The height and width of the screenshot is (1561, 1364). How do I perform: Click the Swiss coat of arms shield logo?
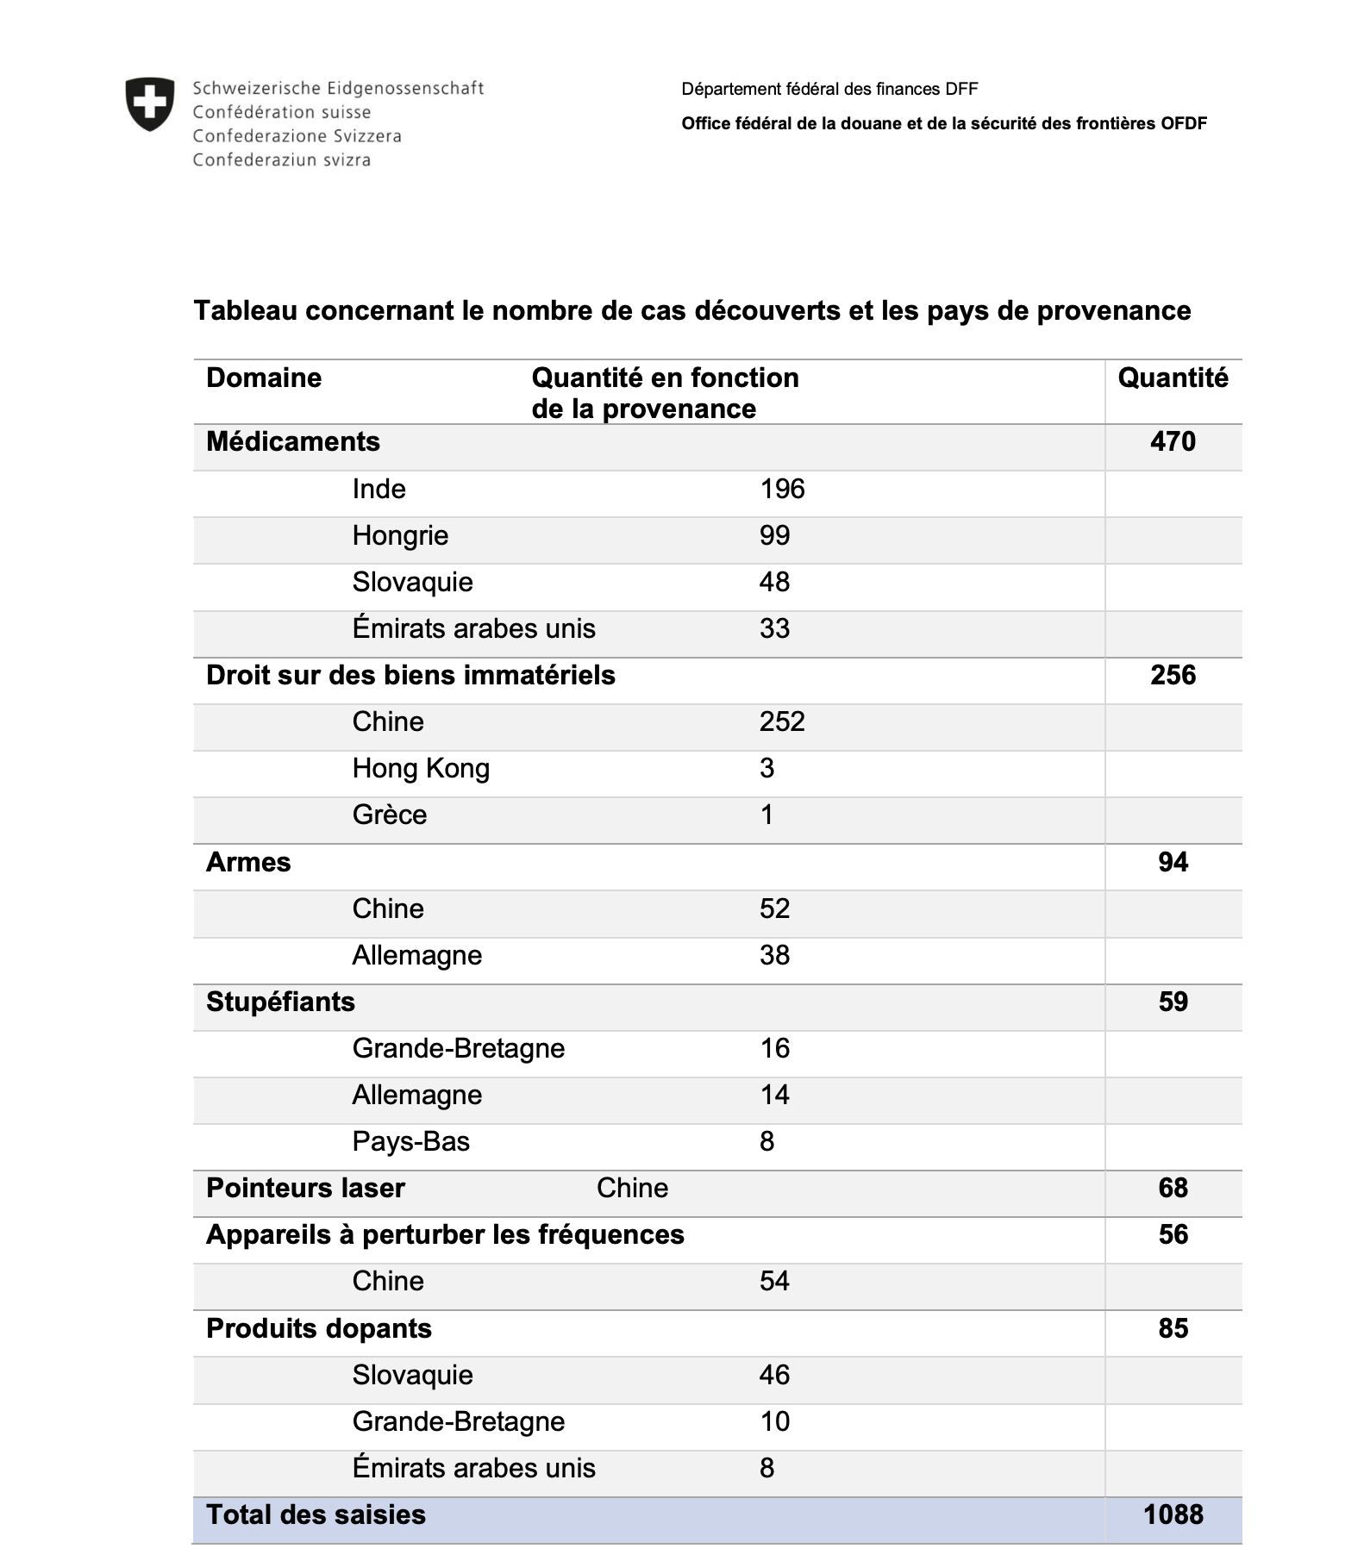tap(150, 104)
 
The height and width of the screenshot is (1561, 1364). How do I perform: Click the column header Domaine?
tap(264, 378)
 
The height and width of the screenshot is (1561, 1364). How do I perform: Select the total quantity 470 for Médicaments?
tap(1173, 442)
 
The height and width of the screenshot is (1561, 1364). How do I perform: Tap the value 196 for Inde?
tap(782, 490)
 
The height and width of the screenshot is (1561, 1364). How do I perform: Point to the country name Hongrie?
tap(400, 536)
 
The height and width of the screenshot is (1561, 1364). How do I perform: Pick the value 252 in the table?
tap(782, 722)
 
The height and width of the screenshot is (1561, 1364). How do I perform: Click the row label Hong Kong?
tap(421, 769)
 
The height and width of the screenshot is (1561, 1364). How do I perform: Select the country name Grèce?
tap(390, 815)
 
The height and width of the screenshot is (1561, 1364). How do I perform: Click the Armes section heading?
tap(248, 863)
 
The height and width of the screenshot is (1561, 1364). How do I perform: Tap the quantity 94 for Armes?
tap(1173, 863)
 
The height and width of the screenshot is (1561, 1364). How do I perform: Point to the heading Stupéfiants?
tap(280, 1002)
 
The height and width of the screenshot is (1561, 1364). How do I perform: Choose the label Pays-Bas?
tap(411, 1142)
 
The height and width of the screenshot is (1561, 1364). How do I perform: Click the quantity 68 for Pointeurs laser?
tap(1173, 1189)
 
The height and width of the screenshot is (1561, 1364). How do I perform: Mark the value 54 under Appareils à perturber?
tap(774, 1282)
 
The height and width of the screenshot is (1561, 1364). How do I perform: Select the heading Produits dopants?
tap(319, 1329)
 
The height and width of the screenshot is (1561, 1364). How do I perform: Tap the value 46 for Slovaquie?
tap(774, 1376)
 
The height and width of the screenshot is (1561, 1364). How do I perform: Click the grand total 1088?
tap(1173, 1515)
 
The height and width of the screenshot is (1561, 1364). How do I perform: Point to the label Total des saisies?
tap(316, 1515)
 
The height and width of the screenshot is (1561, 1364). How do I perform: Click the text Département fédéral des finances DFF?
tap(829, 90)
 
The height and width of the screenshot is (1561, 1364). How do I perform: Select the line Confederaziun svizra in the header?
tap(282, 160)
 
